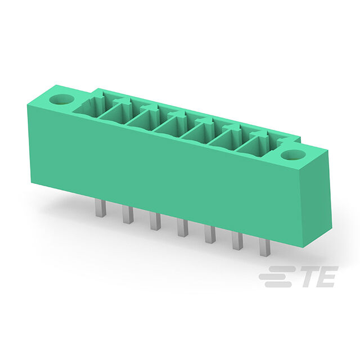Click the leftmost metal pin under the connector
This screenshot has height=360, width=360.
click(x=101, y=208)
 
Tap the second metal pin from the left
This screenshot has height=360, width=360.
click(x=128, y=214)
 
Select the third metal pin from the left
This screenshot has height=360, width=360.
click(x=155, y=221)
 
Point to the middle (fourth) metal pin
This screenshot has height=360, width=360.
click(x=183, y=228)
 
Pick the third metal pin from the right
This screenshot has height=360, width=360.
click(x=210, y=235)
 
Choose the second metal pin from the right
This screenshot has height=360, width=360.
click(x=237, y=241)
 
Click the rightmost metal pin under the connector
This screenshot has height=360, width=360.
click(x=265, y=247)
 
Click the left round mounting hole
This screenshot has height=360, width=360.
click(x=62, y=100)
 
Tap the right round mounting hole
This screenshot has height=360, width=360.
click(x=293, y=156)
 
